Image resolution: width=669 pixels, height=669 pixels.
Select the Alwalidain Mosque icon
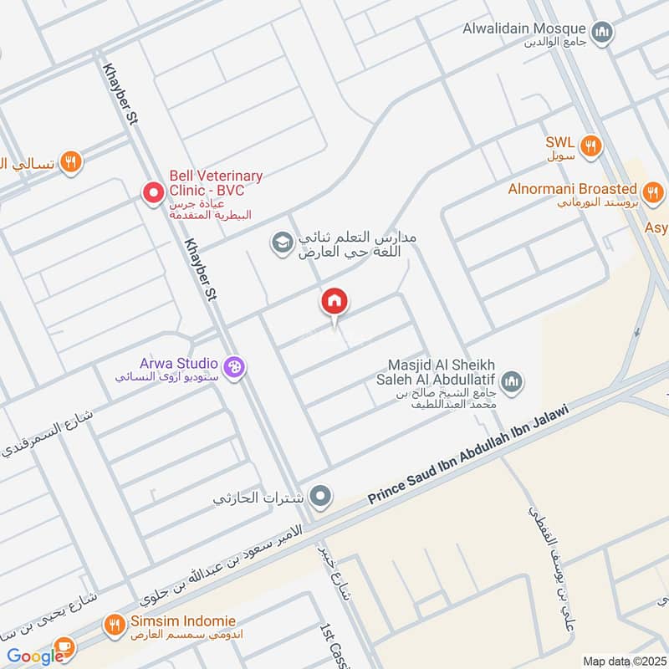(602, 33)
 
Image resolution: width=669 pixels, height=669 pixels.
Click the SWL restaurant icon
(591, 145)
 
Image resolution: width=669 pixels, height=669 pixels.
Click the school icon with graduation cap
(283, 243)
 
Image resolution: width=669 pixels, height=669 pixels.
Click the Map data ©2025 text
(623, 661)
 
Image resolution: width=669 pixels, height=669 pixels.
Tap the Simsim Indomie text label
(182, 621)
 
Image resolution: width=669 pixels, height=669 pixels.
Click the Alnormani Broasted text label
(572, 189)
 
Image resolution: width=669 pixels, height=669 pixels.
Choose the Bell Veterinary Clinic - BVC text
(216, 183)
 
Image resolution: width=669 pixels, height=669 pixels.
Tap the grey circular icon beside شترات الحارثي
(319, 498)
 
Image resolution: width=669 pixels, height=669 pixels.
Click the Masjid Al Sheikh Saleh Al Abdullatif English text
(442, 374)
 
